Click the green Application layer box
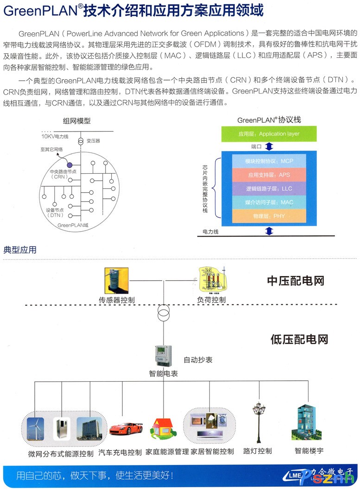[269, 134]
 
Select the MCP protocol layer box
[269, 161]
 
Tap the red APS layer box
[269, 175]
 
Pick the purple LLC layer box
[269, 188]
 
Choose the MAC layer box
[269, 202]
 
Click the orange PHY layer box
[269, 216]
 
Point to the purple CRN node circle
[69, 164]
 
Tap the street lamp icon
[258, 421]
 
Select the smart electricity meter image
[163, 356]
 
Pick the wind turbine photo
[35, 428]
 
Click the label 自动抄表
[198, 359]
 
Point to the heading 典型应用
[20, 250]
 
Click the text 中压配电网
[296, 281]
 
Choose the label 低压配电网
[299, 339]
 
